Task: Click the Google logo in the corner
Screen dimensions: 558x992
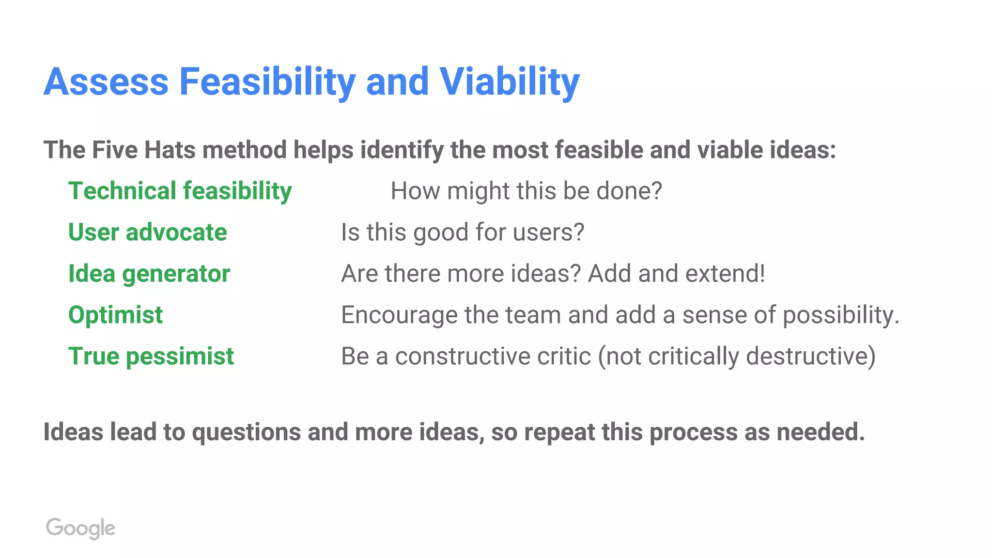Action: point(80,528)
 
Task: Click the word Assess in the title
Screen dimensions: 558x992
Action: point(106,81)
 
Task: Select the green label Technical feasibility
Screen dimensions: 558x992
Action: point(180,191)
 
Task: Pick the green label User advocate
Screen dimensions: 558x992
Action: point(147,232)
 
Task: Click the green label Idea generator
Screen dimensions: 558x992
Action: point(149,274)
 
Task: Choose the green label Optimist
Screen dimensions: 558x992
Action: point(115,315)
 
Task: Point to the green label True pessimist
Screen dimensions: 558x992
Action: point(151,356)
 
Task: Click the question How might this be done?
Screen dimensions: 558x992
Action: point(526,191)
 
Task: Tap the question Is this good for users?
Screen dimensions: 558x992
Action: point(463,232)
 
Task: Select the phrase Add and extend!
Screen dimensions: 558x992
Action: point(676,274)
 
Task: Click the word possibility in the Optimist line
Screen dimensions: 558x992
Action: point(840,315)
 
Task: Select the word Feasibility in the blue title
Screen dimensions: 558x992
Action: point(267,81)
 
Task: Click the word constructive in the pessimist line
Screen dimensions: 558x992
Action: point(493,356)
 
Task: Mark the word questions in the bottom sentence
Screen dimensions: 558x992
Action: point(247,432)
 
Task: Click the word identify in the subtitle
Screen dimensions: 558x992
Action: point(402,150)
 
